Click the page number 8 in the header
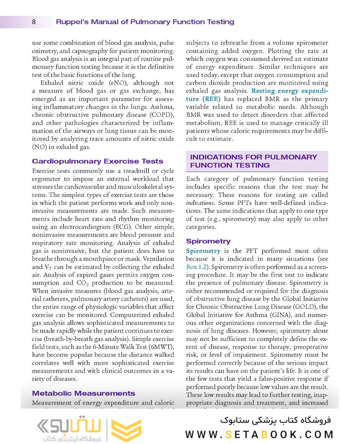click(x=33, y=22)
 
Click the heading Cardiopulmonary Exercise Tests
click(x=97, y=161)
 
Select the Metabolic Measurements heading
click(x=83, y=393)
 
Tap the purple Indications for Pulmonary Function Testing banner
click(x=256, y=161)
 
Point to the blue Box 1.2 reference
click(x=198, y=267)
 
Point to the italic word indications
click(x=200, y=203)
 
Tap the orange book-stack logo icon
click(x=126, y=430)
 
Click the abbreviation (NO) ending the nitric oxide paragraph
click(x=39, y=147)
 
